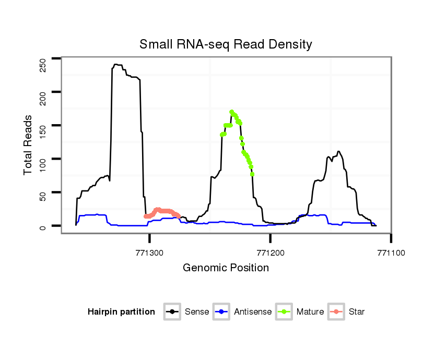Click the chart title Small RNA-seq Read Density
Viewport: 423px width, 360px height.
tap(226, 44)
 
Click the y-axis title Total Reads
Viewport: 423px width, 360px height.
tap(29, 145)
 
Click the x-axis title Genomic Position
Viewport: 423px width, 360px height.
tap(226, 268)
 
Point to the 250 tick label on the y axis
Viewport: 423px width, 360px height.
tap(43, 65)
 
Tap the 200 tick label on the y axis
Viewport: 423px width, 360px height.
tap(43, 98)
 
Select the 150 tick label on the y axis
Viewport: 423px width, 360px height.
tap(43, 132)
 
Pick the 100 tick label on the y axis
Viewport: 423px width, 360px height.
tap(43, 165)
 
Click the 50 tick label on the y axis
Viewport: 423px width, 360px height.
tap(43, 199)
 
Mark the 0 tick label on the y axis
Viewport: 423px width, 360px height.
tap(43, 226)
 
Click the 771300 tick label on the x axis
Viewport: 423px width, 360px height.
tap(150, 252)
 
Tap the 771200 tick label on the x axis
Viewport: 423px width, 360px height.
tap(271, 252)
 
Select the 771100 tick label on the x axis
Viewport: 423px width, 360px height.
tap(391, 252)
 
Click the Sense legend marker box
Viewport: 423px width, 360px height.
tap(172, 312)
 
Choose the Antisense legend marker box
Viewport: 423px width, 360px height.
tap(221, 312)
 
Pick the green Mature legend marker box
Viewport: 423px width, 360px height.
tap(284, 312)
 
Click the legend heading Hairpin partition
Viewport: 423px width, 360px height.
tap(121, 312)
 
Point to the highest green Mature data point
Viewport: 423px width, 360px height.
tap(231, 112)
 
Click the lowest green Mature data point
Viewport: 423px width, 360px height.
tap(252, 174)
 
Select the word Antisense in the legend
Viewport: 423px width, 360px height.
tap(253, 312)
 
